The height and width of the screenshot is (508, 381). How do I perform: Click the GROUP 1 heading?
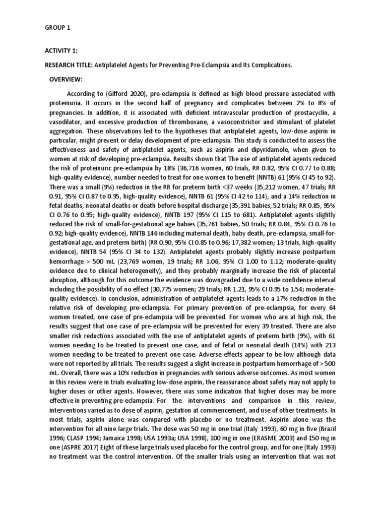[58, 28]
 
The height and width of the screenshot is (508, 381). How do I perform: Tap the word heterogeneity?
[140, 272]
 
